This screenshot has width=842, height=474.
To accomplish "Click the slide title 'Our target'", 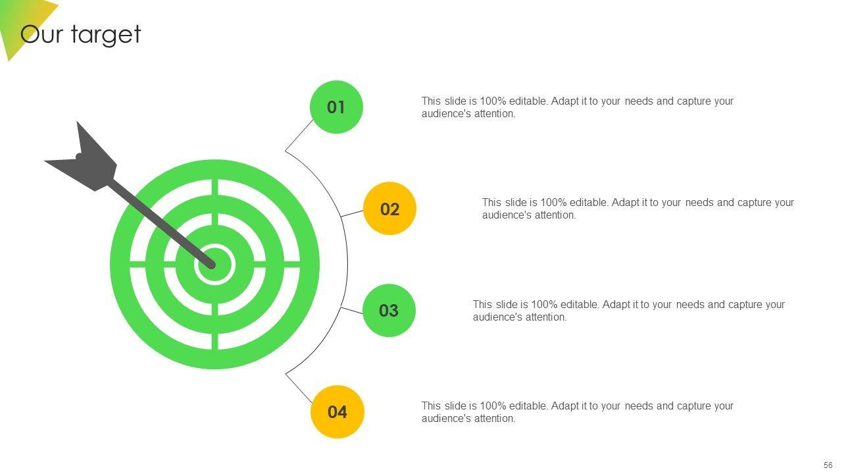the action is (x=80, y=34).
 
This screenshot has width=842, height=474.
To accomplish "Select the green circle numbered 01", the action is (x=336, y=107).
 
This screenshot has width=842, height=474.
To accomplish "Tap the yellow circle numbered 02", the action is (x=389, y=209).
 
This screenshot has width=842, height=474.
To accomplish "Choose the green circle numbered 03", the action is (x=389, y=310).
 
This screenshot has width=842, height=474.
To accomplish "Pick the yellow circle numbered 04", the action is (x=337, y=411).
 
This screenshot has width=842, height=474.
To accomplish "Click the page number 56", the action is (x=828, y=465).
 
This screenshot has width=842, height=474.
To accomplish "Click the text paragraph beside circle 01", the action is (x=577, y=107).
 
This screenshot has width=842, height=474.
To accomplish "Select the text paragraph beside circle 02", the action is (x=637, y=209).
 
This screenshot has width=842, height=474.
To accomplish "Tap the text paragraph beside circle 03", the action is (x=628, y=311).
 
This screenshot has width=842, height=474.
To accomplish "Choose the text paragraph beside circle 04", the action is (x=577, y=412).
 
